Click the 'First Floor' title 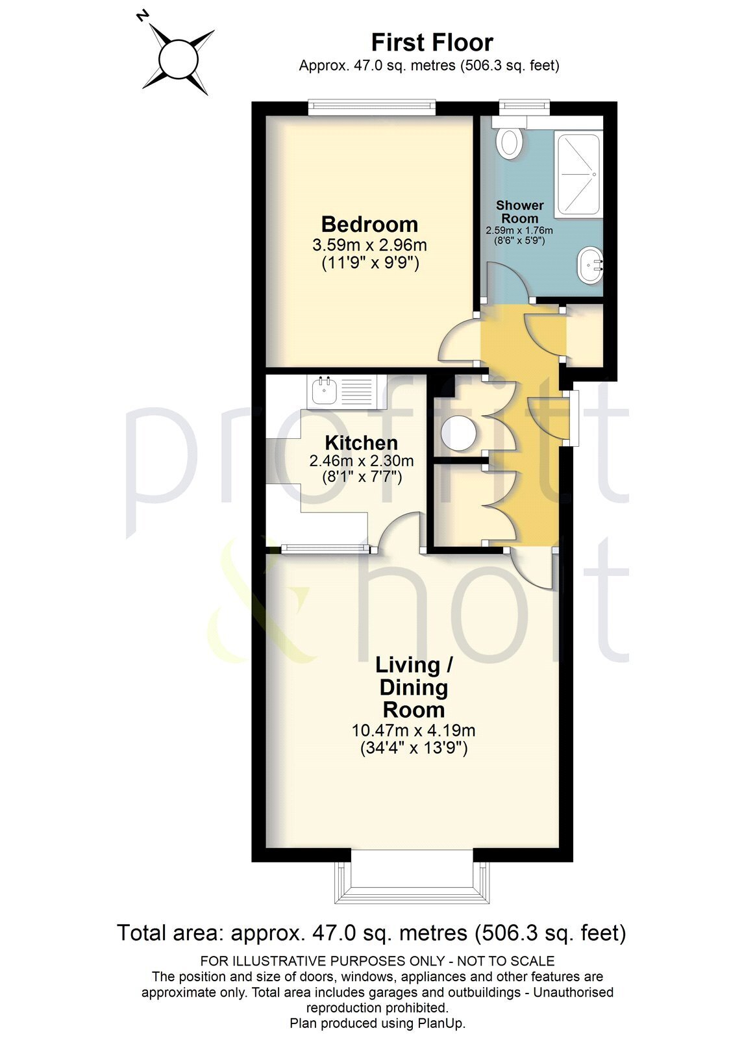tap(432, 43)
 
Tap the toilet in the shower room tap(510, 141)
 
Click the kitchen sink tap(323, 392)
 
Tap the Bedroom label tap(369, 225)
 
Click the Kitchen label tap(361, 444)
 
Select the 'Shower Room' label tap(519, 212)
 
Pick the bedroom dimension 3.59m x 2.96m tap(369, 245)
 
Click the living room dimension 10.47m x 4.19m tap(414, 730)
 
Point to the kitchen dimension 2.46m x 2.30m tap(361, 461)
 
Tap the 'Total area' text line tap(371, 933)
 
